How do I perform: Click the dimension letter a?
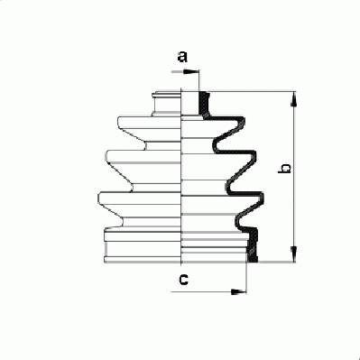pos(182,57)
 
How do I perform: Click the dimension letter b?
pos(284,169)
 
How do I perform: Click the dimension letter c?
pos(183,280)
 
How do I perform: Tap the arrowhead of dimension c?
pos(238,291)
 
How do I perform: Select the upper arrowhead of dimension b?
pos(294,99)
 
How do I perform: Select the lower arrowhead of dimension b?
pos(294,254)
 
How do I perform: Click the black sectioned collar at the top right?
pos(205,105)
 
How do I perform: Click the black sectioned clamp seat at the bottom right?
pos(253,245)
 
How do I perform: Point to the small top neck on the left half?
pos(167,104)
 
